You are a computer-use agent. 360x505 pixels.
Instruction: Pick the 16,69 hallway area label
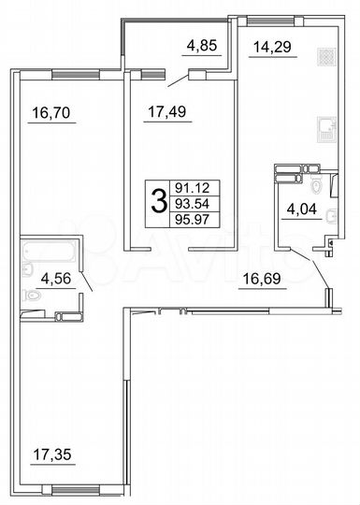coord(262,278)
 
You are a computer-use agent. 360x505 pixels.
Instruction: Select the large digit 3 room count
coord(159,199)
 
